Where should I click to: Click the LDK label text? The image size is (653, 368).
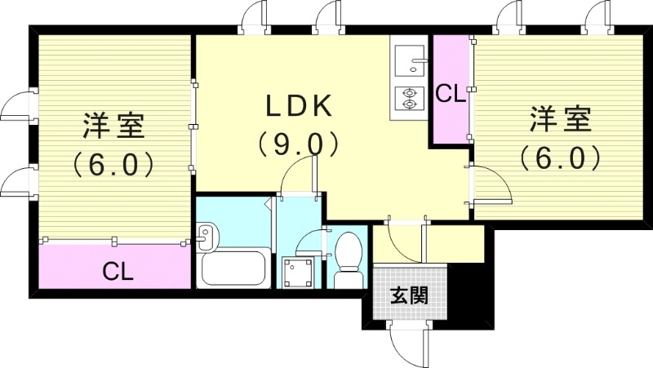pos(297,106)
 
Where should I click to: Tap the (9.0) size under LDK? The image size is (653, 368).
pos(297,144)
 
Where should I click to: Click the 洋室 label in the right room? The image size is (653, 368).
pos(560,118)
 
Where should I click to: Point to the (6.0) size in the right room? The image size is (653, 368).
pos(560,157)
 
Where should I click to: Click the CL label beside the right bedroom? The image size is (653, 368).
pos(449,94)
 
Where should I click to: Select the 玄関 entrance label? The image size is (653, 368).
pos(408,295)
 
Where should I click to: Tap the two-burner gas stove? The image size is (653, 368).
pos(406,99)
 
